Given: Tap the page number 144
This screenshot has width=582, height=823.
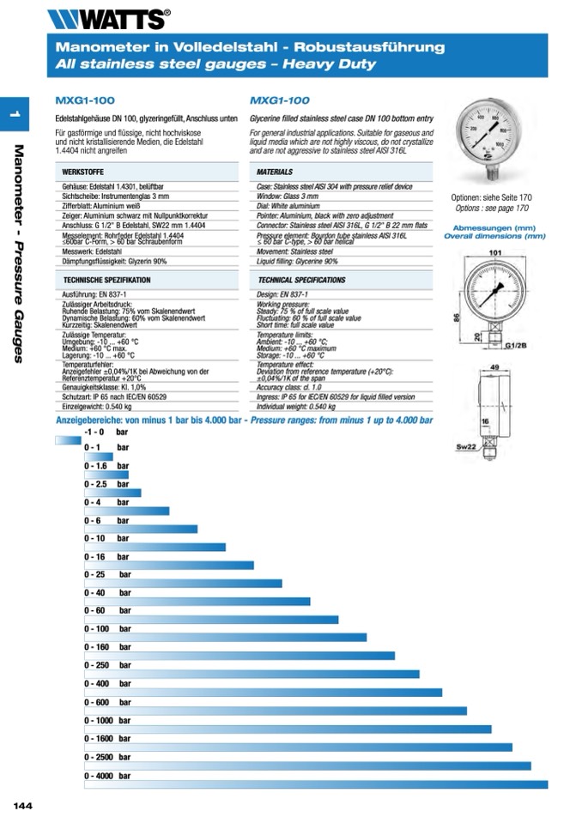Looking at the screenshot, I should click(x=22, y=805).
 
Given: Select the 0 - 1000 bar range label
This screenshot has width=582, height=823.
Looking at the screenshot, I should click(x=107, y=721).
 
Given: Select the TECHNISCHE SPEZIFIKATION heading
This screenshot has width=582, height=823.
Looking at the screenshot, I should click(x=107, y=281).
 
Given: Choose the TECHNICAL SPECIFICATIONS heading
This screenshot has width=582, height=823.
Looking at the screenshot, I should click(x=301, y=281).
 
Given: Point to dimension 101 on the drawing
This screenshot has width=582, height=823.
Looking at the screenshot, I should click(x=494, y=252).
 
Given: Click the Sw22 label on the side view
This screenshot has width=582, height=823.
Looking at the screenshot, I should click(x=465, y=448).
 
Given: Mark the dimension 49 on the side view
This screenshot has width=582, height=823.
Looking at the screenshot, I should click(x=494, y=367).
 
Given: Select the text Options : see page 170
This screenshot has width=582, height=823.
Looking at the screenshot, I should click(x=492, y=209).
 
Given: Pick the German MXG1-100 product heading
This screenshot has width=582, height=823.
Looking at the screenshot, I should click(x=84, y=100).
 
